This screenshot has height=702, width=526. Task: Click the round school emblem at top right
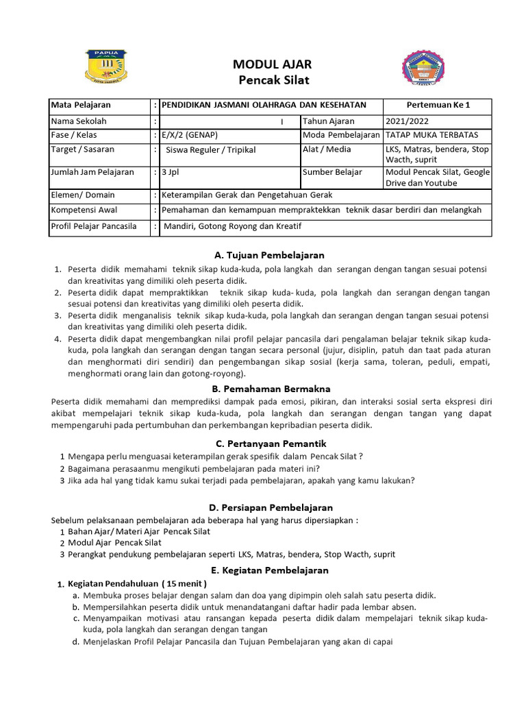[x=422, y=71]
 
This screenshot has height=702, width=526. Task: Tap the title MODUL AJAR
[x=273, y=64]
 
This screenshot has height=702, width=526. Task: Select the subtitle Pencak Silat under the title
[x=273, y=80]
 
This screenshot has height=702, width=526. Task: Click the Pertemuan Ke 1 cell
[x=438, y=106]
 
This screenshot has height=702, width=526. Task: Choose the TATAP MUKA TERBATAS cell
[x=432, y=135]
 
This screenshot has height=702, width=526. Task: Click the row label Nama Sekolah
[x=79, y=121]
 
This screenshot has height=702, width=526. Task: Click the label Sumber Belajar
[x=332, y=172]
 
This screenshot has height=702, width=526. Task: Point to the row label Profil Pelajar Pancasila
[x=94, y=226]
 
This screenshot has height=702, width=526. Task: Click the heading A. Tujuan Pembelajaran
[x=269, y=255]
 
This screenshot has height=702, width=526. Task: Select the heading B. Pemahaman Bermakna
[x=269, y=389]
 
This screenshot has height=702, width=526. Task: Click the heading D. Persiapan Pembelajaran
[x=271, y=507]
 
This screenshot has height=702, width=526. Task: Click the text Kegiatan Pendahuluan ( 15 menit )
[x=136, y=583]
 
